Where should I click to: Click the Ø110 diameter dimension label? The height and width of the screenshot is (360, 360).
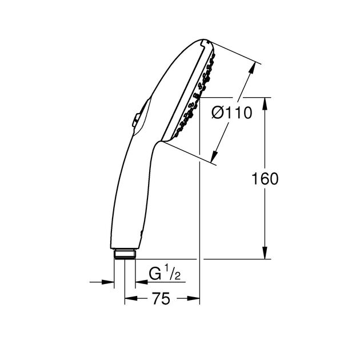pos(231,113)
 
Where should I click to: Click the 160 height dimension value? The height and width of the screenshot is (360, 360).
pos(265,179)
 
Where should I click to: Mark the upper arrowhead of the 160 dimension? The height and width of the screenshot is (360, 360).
pos(265,103)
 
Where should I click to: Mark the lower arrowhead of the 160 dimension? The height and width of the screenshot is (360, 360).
pos(265,253)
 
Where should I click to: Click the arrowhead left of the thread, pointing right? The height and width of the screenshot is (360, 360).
pos(109,281)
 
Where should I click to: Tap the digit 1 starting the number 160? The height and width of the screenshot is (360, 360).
pos(255,179)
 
